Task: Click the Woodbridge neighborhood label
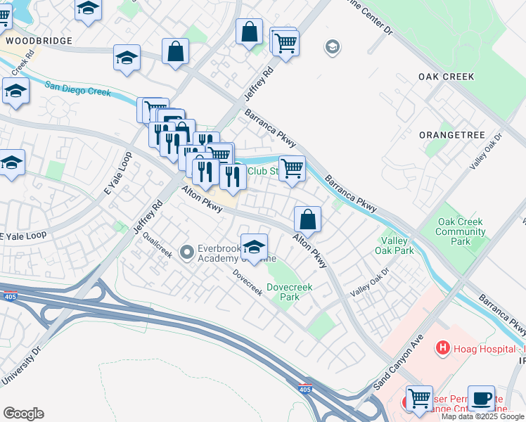pos(39,41)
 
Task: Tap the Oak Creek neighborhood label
pos(446,76)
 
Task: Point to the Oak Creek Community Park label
pos(461,231)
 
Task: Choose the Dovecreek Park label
pos(289,292)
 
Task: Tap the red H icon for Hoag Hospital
pos(443,347)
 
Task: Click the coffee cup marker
pos(481,398)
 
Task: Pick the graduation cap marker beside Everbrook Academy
pos(254,246)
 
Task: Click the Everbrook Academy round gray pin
pos(187,251)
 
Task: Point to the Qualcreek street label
pos(157,245)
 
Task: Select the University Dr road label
pos(21,366)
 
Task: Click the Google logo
pos(23,414)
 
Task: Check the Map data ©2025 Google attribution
pos(483,416)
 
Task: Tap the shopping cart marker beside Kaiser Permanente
pos(419,398)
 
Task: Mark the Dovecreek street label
pos(248,283)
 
